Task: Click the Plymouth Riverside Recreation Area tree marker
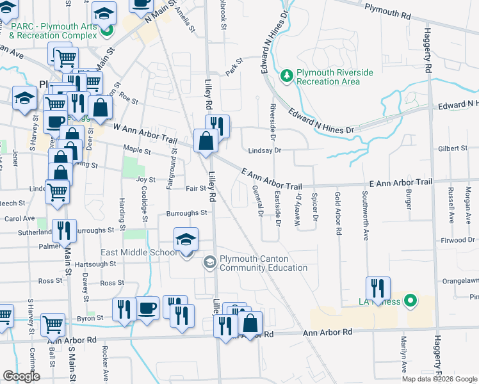coord(287,77)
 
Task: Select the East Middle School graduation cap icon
coord(186,241)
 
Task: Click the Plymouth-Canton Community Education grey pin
coord(209,262)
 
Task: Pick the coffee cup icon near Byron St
coord(147,309)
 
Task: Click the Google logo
coord(21,376)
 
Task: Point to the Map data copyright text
coord(439,379)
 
